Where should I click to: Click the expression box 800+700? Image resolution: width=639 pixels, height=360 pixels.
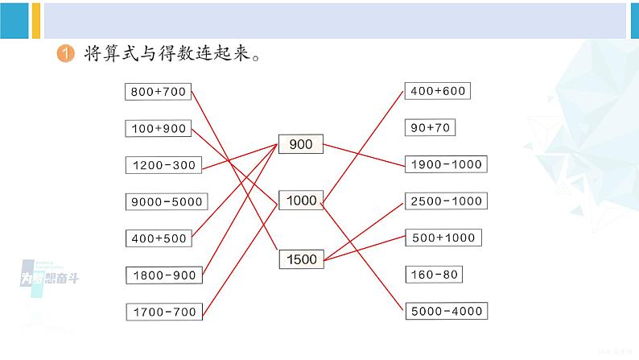pos(158,92)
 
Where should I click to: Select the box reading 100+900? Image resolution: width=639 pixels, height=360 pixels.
pos(158,128)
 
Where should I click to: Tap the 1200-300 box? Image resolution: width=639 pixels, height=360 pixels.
pos(163,165)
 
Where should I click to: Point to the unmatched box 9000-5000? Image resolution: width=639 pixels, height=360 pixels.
pos(167,201)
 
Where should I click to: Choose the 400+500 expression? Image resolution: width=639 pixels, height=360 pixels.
pos(158,238)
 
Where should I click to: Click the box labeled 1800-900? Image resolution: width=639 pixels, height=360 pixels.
pos(163,275)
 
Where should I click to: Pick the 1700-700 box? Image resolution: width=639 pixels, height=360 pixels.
pos(163,311)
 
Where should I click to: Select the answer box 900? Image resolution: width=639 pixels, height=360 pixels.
pos(301,145)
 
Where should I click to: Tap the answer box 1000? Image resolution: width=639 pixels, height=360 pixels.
pos(301,200)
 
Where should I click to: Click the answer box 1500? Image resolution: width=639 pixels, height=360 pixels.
pos(301,259)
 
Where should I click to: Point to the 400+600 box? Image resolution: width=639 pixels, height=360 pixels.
pos(437,91)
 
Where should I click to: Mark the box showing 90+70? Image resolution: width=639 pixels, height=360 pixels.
pos(432,127)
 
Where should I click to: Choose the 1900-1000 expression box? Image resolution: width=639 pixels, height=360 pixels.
pos(446,164)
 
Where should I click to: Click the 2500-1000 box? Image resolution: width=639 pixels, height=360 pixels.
pos(446,201)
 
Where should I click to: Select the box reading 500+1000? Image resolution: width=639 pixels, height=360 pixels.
pos(442,238)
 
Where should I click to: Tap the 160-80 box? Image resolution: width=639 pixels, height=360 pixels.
pos(434,275)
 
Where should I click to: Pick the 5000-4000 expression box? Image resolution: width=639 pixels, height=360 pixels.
pos(446,311)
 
